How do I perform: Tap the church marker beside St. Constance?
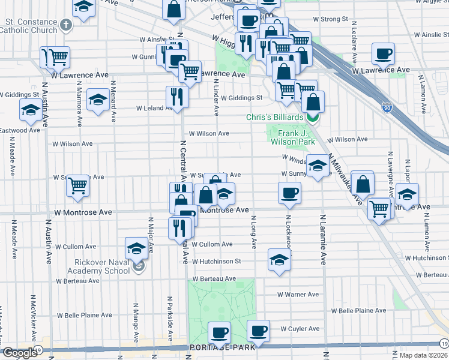tap(66, 25)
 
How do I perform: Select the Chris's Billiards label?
tap(277, 117)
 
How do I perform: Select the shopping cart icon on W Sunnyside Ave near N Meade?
tap(78, 185)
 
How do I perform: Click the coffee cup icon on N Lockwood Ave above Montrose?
tap(289, 193)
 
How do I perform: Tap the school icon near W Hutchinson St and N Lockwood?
tap(279, 260)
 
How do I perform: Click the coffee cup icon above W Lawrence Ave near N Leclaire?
tap(383, 54)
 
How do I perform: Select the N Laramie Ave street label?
tap(324, 240)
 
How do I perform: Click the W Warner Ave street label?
tap(298, 295)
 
